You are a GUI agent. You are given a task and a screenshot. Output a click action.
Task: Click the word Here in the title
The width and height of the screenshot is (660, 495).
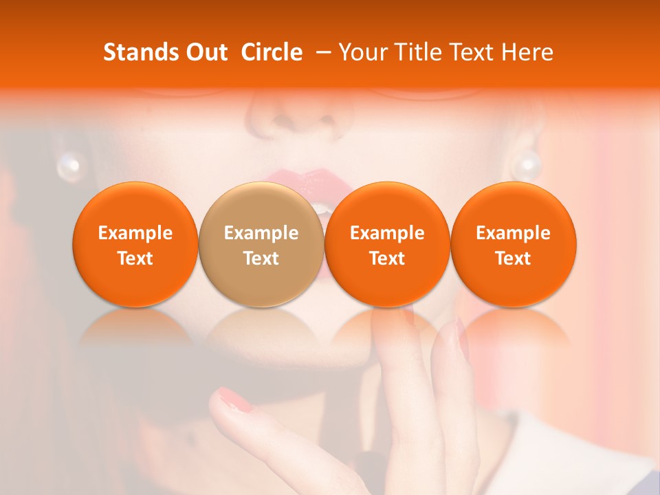pyautogui.click(x=527, y=52)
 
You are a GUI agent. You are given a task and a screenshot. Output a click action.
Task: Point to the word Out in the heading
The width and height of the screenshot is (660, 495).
pyautogui.click(x=207, y=52)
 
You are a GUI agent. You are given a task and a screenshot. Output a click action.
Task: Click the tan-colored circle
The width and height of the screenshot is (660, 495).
pyautogui.click(x=261, y=244)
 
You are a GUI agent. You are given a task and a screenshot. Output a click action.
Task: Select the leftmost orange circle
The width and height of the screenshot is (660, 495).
pyautogui.click(x=135, y=244)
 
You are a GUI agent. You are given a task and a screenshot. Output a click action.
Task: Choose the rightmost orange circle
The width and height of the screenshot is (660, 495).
pyautogui.click(x=514, y=244)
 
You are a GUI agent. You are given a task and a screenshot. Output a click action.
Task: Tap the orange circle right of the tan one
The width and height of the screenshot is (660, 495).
pyautogui.click(x=387, y=244)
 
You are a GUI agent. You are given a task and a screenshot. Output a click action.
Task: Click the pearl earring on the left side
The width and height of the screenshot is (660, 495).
pyautogui.click(x=69, y=165)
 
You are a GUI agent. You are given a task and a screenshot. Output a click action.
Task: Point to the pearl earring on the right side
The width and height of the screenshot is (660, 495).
pyautogui.click(x=527, y=165)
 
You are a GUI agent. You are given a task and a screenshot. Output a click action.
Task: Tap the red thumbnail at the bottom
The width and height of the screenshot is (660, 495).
pyautogui.click(x=236, y=400)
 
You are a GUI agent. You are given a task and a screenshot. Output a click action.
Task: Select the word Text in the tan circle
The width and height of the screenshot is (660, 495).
pyautogui.click(x=261, y=258)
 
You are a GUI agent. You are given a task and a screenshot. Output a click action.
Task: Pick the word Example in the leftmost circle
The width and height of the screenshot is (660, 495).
pyautogui.click(x=135, y=233)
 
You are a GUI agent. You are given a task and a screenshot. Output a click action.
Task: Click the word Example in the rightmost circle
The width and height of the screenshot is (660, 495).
pyautogui.click(x=514, y=233)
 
